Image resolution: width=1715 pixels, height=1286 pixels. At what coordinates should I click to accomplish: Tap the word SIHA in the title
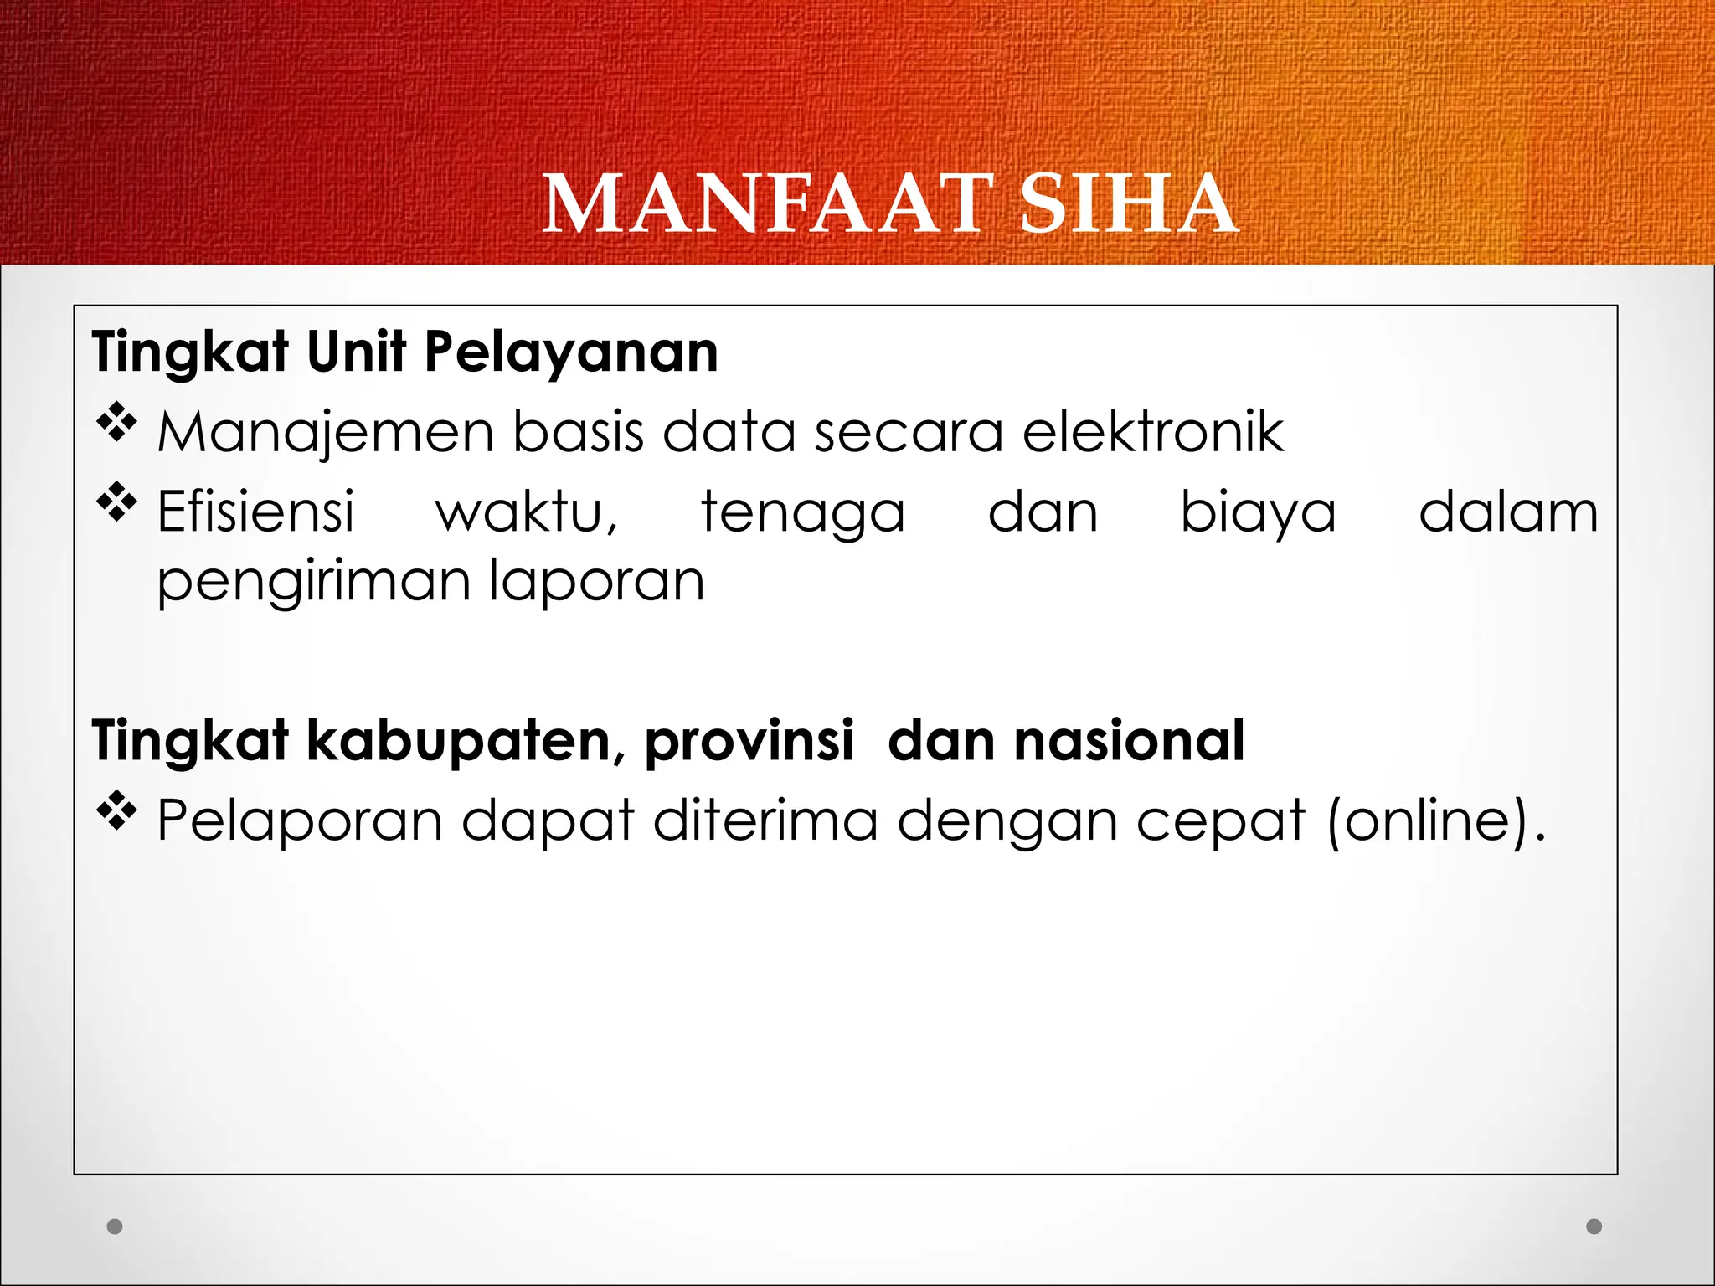tap(1128, 205)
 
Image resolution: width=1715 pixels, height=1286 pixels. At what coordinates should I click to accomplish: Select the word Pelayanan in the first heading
tap(571, 352)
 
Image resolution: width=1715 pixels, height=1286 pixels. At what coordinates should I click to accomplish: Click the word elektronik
tap(1153, 432)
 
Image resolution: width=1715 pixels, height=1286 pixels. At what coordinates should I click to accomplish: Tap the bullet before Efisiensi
tap(116, 502)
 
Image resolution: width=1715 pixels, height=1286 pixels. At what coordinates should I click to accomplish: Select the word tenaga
tap(802, 513)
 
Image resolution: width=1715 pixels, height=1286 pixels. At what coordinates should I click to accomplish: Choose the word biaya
tap(1258, 512)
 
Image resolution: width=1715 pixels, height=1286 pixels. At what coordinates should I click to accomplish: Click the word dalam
tap(1508, 512)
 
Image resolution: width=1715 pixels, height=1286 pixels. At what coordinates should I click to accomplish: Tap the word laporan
tap(596, 582)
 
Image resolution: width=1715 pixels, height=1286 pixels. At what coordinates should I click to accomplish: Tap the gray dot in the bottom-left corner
tap(116, 1227)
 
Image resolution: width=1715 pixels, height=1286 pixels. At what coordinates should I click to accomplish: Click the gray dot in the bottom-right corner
tap(1594, 1227)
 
